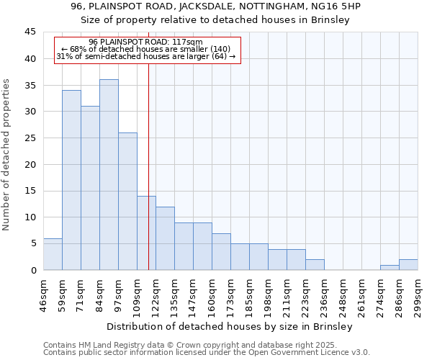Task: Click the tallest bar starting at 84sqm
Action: pos(109,175)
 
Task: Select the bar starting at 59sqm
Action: pos(71,180)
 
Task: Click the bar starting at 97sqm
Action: pos(127,202)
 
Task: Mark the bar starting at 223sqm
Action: pos(315,265)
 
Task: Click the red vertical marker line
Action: pos(148,180)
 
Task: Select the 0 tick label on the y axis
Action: pos(33,270)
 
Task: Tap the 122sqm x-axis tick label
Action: pos(156,294)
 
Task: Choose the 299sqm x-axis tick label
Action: pos(418,294)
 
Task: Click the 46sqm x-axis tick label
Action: pos(43,294)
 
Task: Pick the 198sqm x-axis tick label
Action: pos(268,294)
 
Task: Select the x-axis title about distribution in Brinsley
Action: pos(230,327)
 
